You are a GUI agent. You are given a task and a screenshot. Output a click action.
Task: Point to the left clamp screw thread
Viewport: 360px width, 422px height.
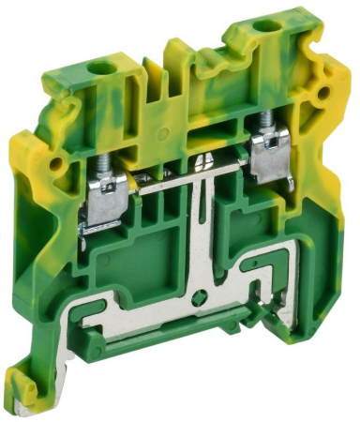[x=102, y=167]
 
